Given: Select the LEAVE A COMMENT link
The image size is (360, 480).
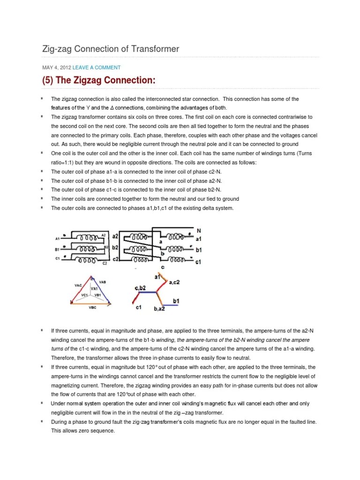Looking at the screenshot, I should [x=96, y=67].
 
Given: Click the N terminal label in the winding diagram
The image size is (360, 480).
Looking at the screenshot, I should [x=198, y=231].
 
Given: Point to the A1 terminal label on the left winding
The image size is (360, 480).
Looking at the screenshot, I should [x=57, y=238].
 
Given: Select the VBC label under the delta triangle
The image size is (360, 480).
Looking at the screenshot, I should [x=92, y=308].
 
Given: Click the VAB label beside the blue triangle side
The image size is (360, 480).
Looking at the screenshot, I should [x=102, y=282].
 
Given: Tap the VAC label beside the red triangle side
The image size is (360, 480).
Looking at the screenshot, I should [x=78, y=285].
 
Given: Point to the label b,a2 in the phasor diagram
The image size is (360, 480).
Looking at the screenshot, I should [x=161, y=309].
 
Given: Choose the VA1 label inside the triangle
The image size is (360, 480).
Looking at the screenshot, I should [x=94, y=289].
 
